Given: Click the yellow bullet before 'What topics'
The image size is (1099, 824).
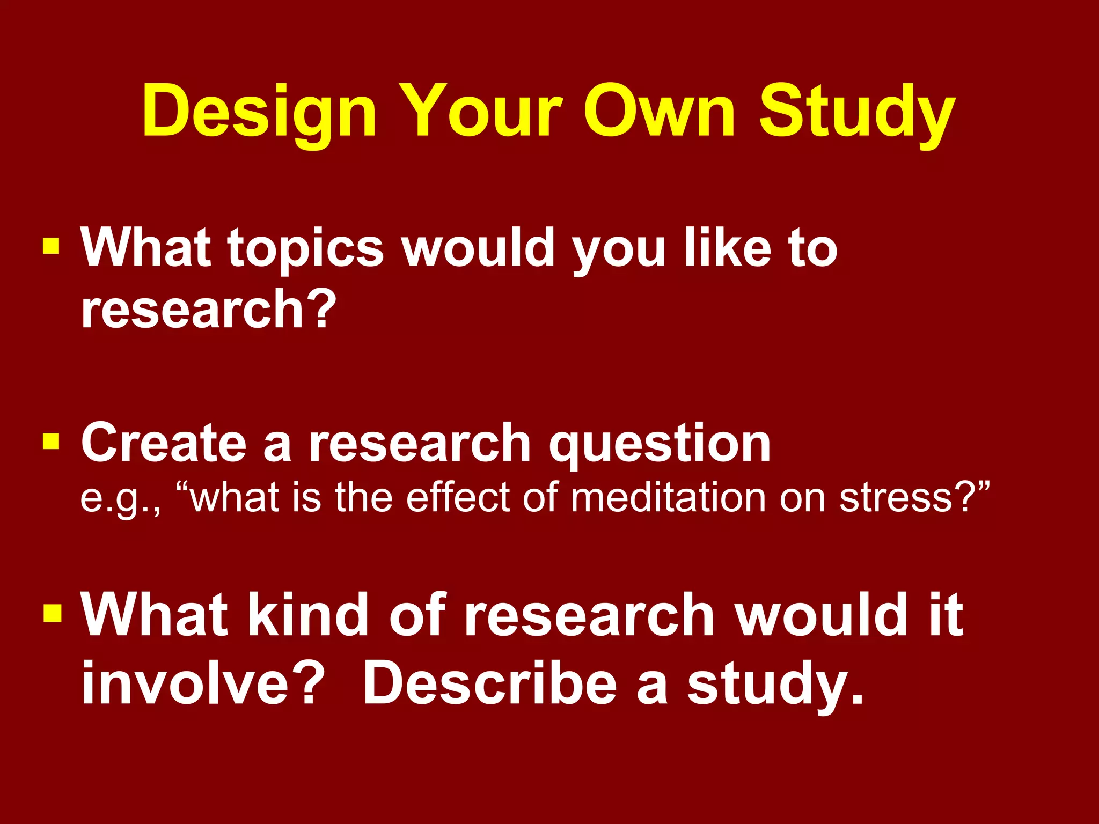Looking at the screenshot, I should coord(51,246).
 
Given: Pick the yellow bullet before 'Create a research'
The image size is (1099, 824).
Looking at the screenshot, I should coord(51,442).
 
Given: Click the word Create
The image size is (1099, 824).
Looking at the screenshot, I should coord(164,443).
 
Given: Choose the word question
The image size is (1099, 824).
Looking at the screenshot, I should coord(660,445).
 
